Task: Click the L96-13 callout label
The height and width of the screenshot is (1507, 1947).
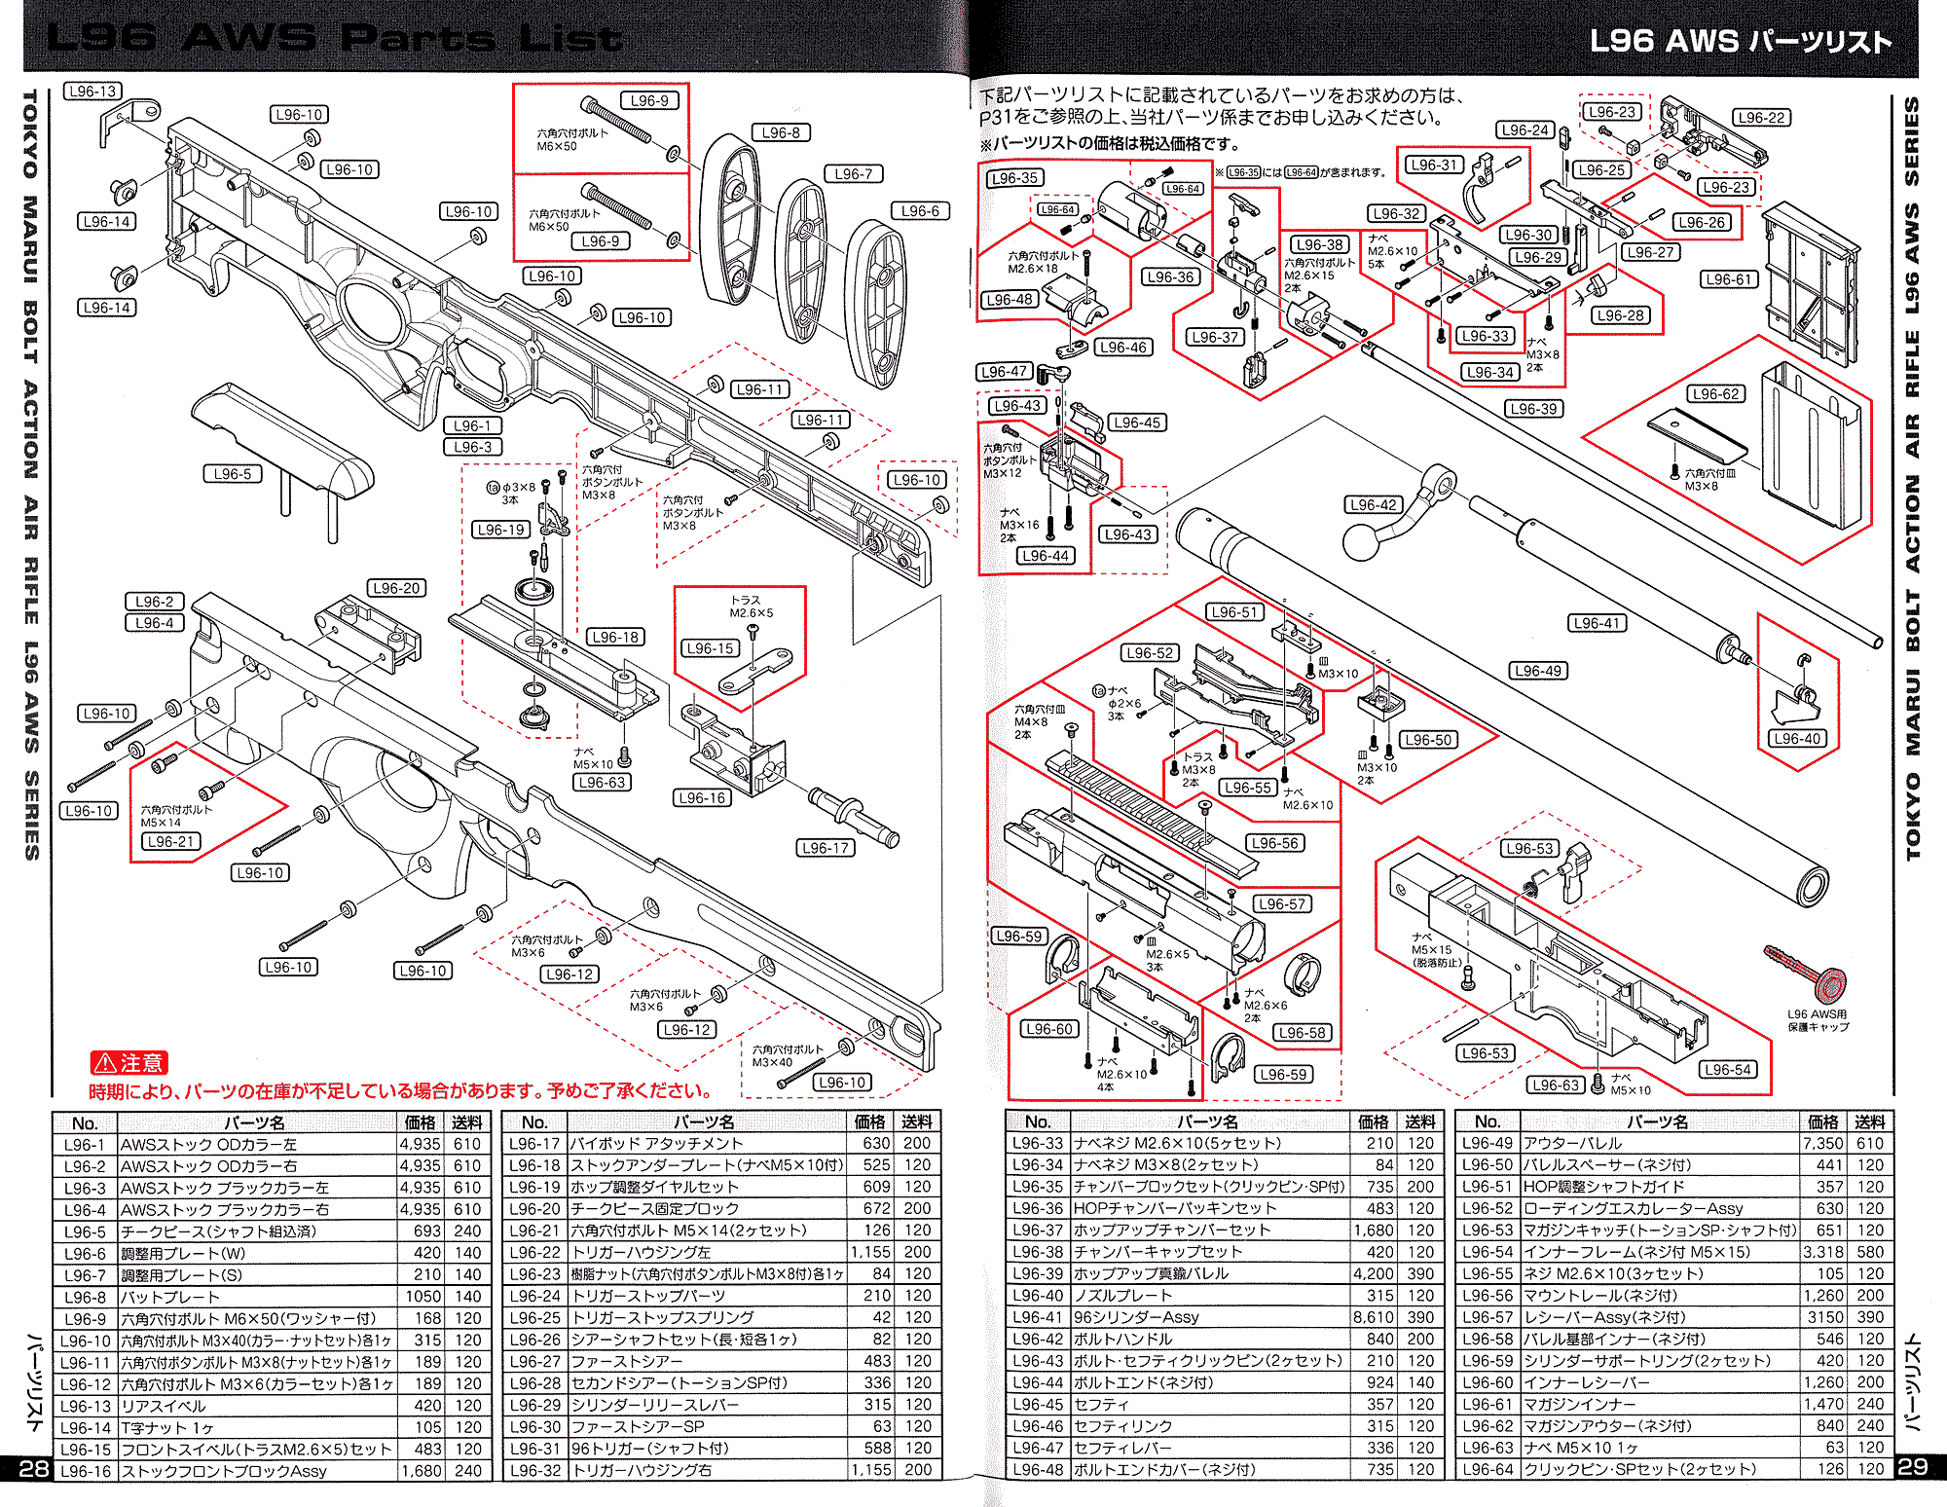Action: (x=92, y=92)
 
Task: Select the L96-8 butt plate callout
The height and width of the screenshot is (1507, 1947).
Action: (x=781, y=132)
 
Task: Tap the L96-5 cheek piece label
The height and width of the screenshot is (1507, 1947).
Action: (x=233, y=474)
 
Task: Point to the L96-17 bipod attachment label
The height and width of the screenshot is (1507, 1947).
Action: (x=826, y=848)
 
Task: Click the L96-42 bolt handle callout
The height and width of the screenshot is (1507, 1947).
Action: (x=1374, y=504)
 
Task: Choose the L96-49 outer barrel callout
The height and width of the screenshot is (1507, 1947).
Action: (x=1538, y=671)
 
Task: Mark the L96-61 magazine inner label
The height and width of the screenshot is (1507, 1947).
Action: (x=1729, y=279)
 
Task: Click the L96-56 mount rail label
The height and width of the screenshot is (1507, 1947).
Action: (x=1275, y=843)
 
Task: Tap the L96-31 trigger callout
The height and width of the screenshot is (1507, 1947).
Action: (x=1434, y=165)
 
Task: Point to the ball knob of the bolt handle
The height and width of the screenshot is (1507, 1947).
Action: (x=1361, y=542)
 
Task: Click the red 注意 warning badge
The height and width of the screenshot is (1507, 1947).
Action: (x=129, y=1063)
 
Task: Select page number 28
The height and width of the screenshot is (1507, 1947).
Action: (x=33, y=1468)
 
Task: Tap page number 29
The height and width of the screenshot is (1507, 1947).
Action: (x=1912, y=1466)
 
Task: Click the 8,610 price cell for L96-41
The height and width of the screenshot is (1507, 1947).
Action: (x=1373, y=1317)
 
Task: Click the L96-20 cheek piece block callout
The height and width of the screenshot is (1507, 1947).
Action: (x=397, y=588)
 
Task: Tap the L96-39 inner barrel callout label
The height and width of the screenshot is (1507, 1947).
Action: (x=1534, y=409)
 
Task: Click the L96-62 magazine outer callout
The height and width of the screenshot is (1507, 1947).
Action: (x=1715, y=394)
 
